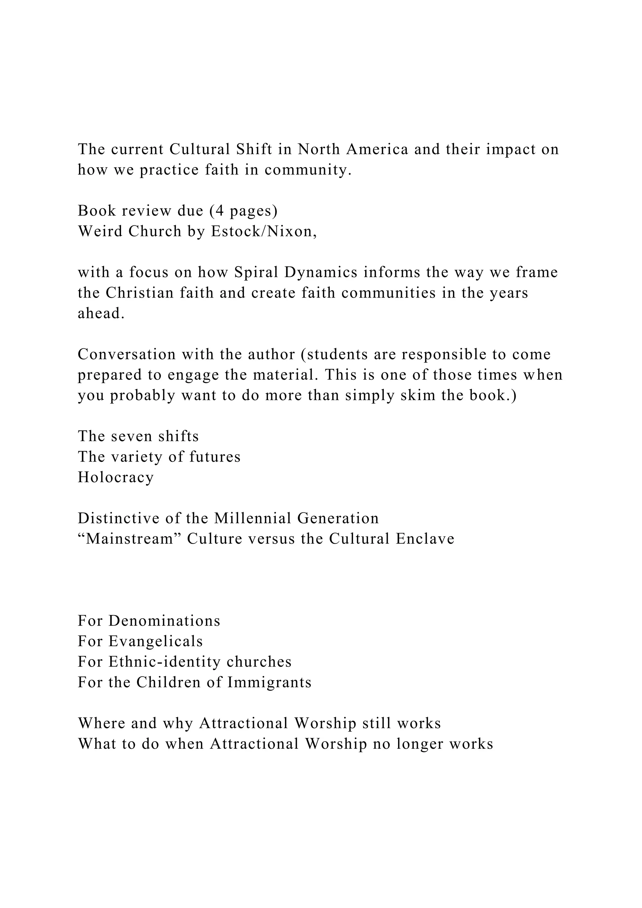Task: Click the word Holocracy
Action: tap(115, 477)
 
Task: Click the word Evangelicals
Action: tap(156, 641)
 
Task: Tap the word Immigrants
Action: tap(269, 682)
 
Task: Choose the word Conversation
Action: tap(127, 354)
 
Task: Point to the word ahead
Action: tap(101, 313)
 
